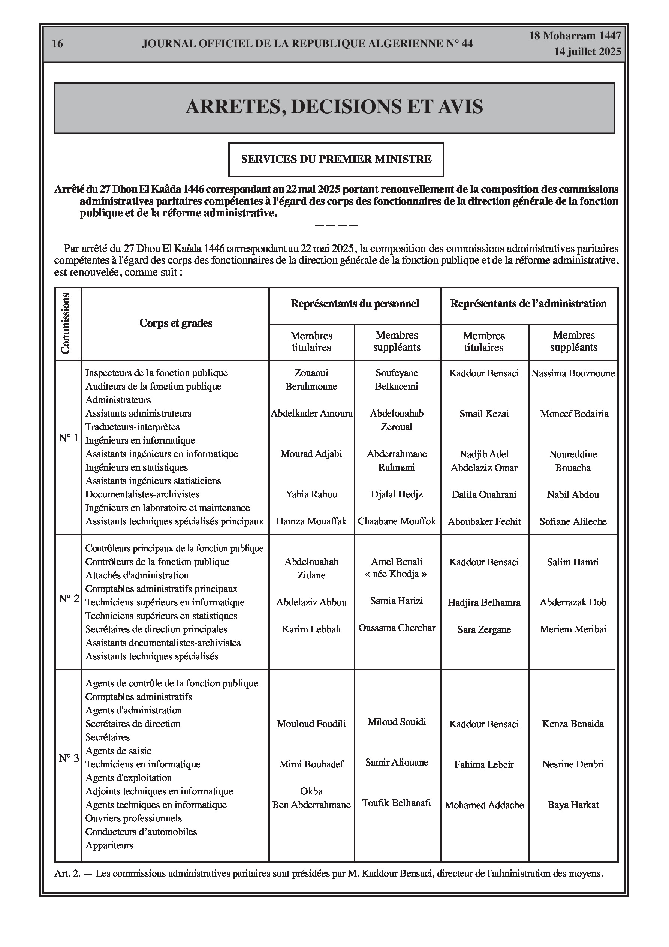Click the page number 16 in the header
[x=57, y=44]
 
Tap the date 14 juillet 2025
[x=587, y=52]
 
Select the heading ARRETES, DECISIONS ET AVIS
[x=334, y=107]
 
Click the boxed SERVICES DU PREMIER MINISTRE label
[x=336, y=159]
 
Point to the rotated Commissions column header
[x=66, y=324]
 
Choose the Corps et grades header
[x=176, y=323]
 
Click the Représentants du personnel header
[x=355, y=304]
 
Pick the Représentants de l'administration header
[x=528, y=304]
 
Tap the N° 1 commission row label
[x=69, y=438]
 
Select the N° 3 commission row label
[x=69, y=758]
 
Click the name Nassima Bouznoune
[x=573, y=374]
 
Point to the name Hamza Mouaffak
[x=311, y=522]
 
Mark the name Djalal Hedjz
[x=397, y=494]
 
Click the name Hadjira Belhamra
[x=484, y=603]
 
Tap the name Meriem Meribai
[x=573, y=629]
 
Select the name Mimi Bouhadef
[x=311, y=764]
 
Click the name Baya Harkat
[x=573, y=805]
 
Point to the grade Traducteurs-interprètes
[x=132, y=427]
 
